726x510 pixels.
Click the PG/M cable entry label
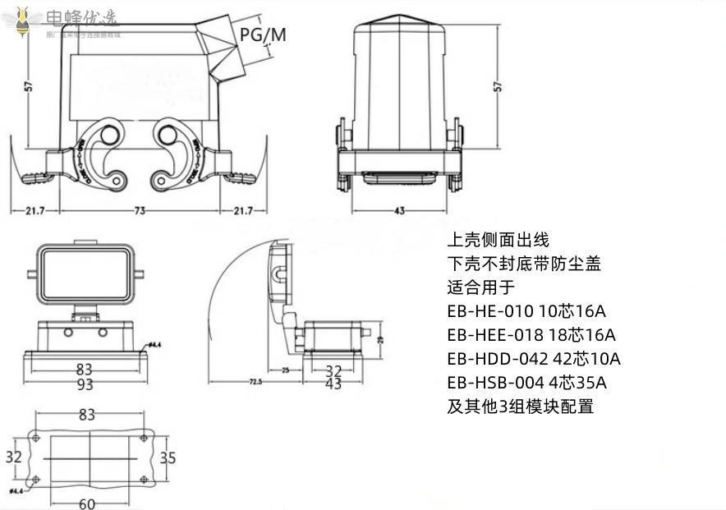[264, 34]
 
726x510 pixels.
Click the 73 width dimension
[140, 211]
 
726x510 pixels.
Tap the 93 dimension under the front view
[85, 384]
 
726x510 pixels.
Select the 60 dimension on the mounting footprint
[87, 503]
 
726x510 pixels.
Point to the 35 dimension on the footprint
[168, 457]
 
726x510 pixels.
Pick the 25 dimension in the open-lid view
[286, 370]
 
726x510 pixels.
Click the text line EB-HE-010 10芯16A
[526, 311]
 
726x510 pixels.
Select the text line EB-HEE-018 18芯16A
[531, 335]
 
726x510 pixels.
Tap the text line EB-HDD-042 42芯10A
[533, 359]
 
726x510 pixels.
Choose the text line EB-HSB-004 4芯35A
[526, 383]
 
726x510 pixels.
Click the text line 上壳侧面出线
[497, 240]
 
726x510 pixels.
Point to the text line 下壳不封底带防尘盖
[524, 264]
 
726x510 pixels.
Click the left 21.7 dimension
[34, 211]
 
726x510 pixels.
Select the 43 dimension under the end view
[399, 211]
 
